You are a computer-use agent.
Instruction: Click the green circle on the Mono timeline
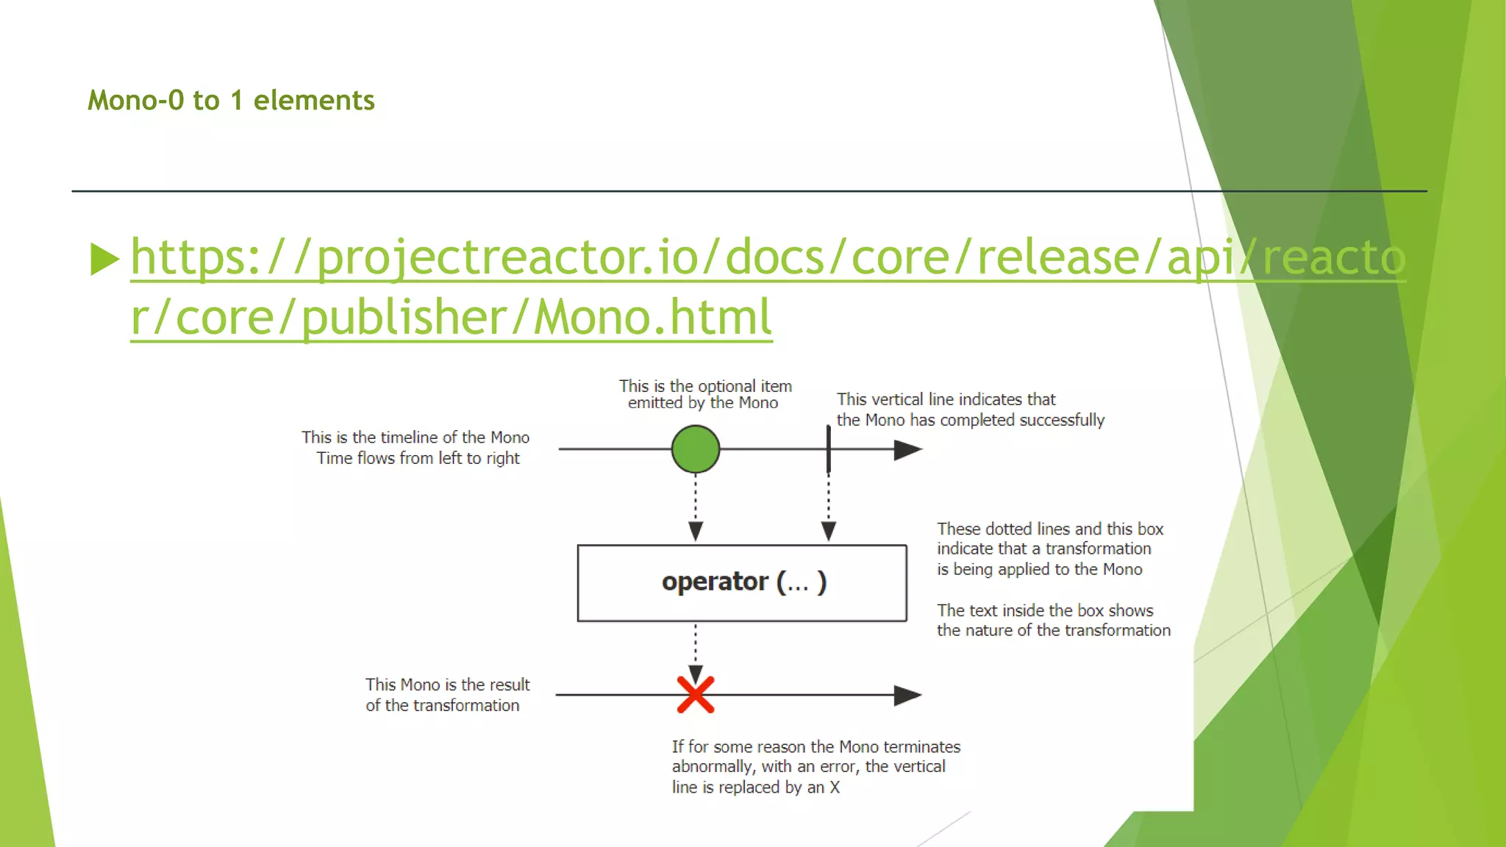[695, 449]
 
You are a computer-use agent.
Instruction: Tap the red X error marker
[695, 695]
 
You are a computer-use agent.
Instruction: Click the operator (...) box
[742, 583]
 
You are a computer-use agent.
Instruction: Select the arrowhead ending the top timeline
[907, 450]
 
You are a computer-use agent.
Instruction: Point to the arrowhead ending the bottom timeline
[907, 696]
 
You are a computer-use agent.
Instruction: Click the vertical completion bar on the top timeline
[829, 448]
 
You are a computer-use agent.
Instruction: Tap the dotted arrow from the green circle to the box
[696, 507]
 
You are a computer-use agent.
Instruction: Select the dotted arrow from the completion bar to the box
[829, 507]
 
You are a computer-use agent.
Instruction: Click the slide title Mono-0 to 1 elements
[231, 101]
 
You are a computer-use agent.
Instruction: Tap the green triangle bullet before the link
[104, 259]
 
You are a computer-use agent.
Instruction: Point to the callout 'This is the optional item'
[705, 386]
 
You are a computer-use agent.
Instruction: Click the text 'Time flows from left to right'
[418, 458]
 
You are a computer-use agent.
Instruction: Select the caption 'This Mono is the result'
[447, 685]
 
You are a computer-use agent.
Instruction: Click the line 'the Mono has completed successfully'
[970, 420]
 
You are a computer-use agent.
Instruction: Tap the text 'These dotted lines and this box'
[1050, 529]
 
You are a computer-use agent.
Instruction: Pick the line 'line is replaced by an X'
[755, 787]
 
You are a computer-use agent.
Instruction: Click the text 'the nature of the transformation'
[1053, 630]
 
